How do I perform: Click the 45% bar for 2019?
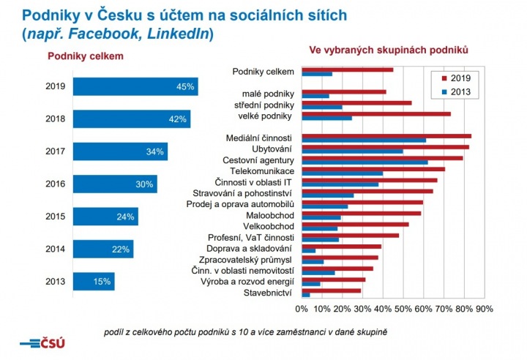pyautogui.click(x=135, y=86)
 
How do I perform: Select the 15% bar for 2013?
pyautogui.click(x=94, y=281)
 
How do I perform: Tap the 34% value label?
pyautogui.click(x=155, y=151)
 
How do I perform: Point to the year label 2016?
pyautogui.click(x=55, y=184)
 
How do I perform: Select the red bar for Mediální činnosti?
pyautogui.click(x=386, y=135)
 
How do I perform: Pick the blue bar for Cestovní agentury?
pyautogui.click(x=365, y=162)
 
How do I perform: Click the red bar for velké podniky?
pyautogui.click(x=375, y=113)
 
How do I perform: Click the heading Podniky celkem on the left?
pyautogui.click(x=85, y=56)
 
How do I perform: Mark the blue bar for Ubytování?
pyautogui.click(x=352, y=151)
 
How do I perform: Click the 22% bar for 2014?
pyautogui.click(x=103, y=249)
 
